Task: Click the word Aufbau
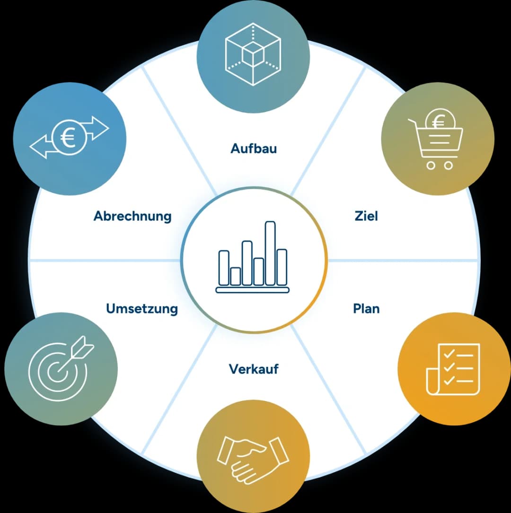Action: tap(254, 148)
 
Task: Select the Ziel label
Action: tap(366, 216)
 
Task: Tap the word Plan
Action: tap(366, 309)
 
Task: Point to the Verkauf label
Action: tap(254, 369)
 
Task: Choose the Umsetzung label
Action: tap(142, 309)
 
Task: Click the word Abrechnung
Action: tap(132, 216)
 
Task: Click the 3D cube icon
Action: tap(253, 54)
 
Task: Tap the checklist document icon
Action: tap(453, 369)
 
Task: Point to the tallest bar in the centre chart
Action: tap(270, 253)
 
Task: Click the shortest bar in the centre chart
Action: tap(235, 277)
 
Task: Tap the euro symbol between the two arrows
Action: tap(68, 138)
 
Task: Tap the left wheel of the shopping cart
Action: tap(431, 165)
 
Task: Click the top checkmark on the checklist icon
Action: tap(449, 354)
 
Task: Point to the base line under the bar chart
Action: tap(252, 290)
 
